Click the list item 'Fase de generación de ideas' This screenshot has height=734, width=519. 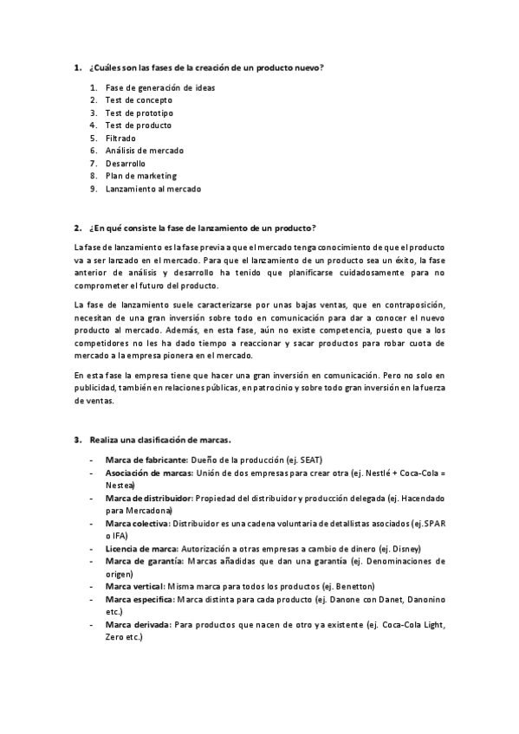pos(160,87)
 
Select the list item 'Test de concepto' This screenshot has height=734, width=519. pos(139,100)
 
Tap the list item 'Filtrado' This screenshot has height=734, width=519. pos(120,138)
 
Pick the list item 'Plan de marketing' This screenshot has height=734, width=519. pos(140,176)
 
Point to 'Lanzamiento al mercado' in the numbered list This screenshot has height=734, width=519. pos(153,188)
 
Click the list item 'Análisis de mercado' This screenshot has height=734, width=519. pos(145,151)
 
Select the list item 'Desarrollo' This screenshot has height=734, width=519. pos(126,163)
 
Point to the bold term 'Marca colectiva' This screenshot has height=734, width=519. pos(137,524)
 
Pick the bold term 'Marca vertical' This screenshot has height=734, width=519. pos(134,586)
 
